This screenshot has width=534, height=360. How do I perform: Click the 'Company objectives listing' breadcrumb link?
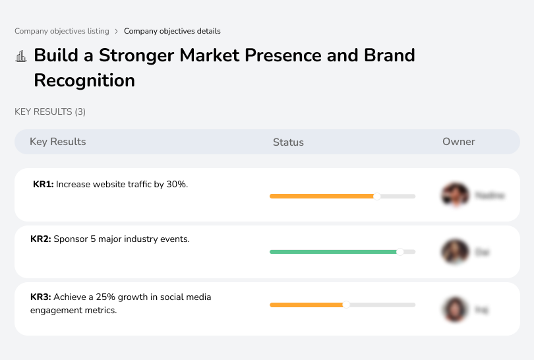[62, 31]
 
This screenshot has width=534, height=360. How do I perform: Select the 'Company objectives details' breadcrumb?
[172, 31]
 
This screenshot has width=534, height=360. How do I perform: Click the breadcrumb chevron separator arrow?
[116, 31]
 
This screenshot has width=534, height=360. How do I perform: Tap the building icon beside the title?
[21, 56]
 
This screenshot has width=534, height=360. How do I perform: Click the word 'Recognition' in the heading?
[84, 80]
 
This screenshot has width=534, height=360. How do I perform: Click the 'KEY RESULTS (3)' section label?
[50, 112]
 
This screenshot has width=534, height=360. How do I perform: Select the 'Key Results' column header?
[58, 142]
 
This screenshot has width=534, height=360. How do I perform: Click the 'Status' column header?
[288, 142]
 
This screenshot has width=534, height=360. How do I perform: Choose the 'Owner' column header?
[459, 142]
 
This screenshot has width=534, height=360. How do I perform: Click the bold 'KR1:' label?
[43, 185]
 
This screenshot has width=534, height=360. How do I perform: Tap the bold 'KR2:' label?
[41, 239]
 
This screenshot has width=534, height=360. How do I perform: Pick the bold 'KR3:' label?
[41, 297]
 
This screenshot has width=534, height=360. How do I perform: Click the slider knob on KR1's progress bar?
[377, 196]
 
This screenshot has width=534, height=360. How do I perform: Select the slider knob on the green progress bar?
[400, 251]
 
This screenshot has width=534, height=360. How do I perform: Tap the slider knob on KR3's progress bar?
[346, 305]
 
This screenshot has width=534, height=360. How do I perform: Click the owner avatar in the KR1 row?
[455, 195]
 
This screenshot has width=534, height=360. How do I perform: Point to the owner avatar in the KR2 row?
[455, 252]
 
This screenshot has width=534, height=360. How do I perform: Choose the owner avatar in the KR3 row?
[455, 309]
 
